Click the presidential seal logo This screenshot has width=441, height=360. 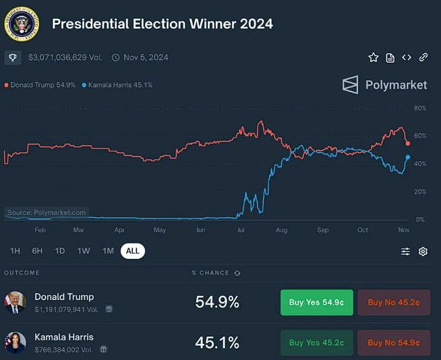click(x=22, y=24)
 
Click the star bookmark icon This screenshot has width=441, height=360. click(x=373, y=58)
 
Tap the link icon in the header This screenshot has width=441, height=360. click(x=423, y=57)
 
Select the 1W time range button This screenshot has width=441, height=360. click(x=84, y=251)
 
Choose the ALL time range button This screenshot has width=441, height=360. click(x=132, y=251)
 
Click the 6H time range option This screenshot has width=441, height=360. click(x=37, y=251)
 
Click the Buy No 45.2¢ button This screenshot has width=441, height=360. click(x=394, y=303)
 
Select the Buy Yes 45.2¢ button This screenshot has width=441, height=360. click(x=316, y=342)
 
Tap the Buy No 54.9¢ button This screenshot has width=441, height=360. click(x=394, y=342)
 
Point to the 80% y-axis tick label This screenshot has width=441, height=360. click(x=419, y=108)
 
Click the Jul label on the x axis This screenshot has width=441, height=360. click(x=241, y=230)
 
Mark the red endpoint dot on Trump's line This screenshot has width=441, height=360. click(x=408, y=143)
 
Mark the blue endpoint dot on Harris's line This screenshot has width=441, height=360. click(x=408, y=157)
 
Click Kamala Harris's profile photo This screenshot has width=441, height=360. click(x=15, y=342)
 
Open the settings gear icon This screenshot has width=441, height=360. click(x=423, y=251)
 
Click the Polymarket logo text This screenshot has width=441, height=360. click(x=396, y=85)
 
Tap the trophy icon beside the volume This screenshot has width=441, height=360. click(x=12, y=58)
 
